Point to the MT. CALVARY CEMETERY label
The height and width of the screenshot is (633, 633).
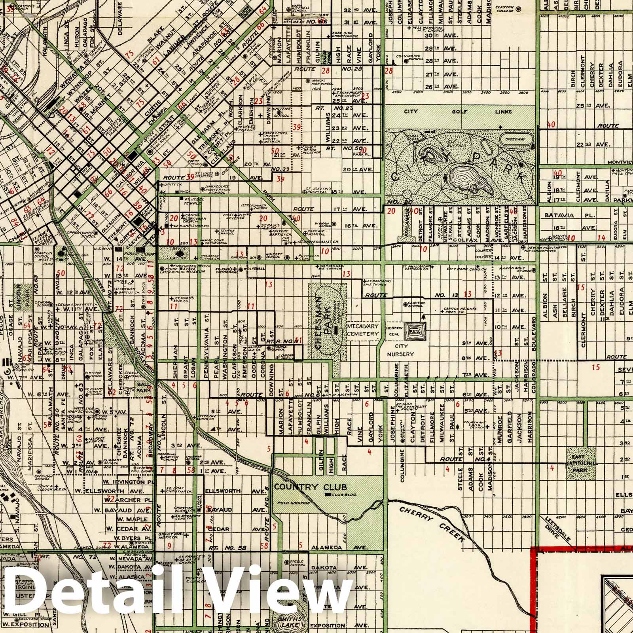click(x=363, y=330)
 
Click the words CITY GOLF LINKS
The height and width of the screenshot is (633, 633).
click(x=459, y=112)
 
